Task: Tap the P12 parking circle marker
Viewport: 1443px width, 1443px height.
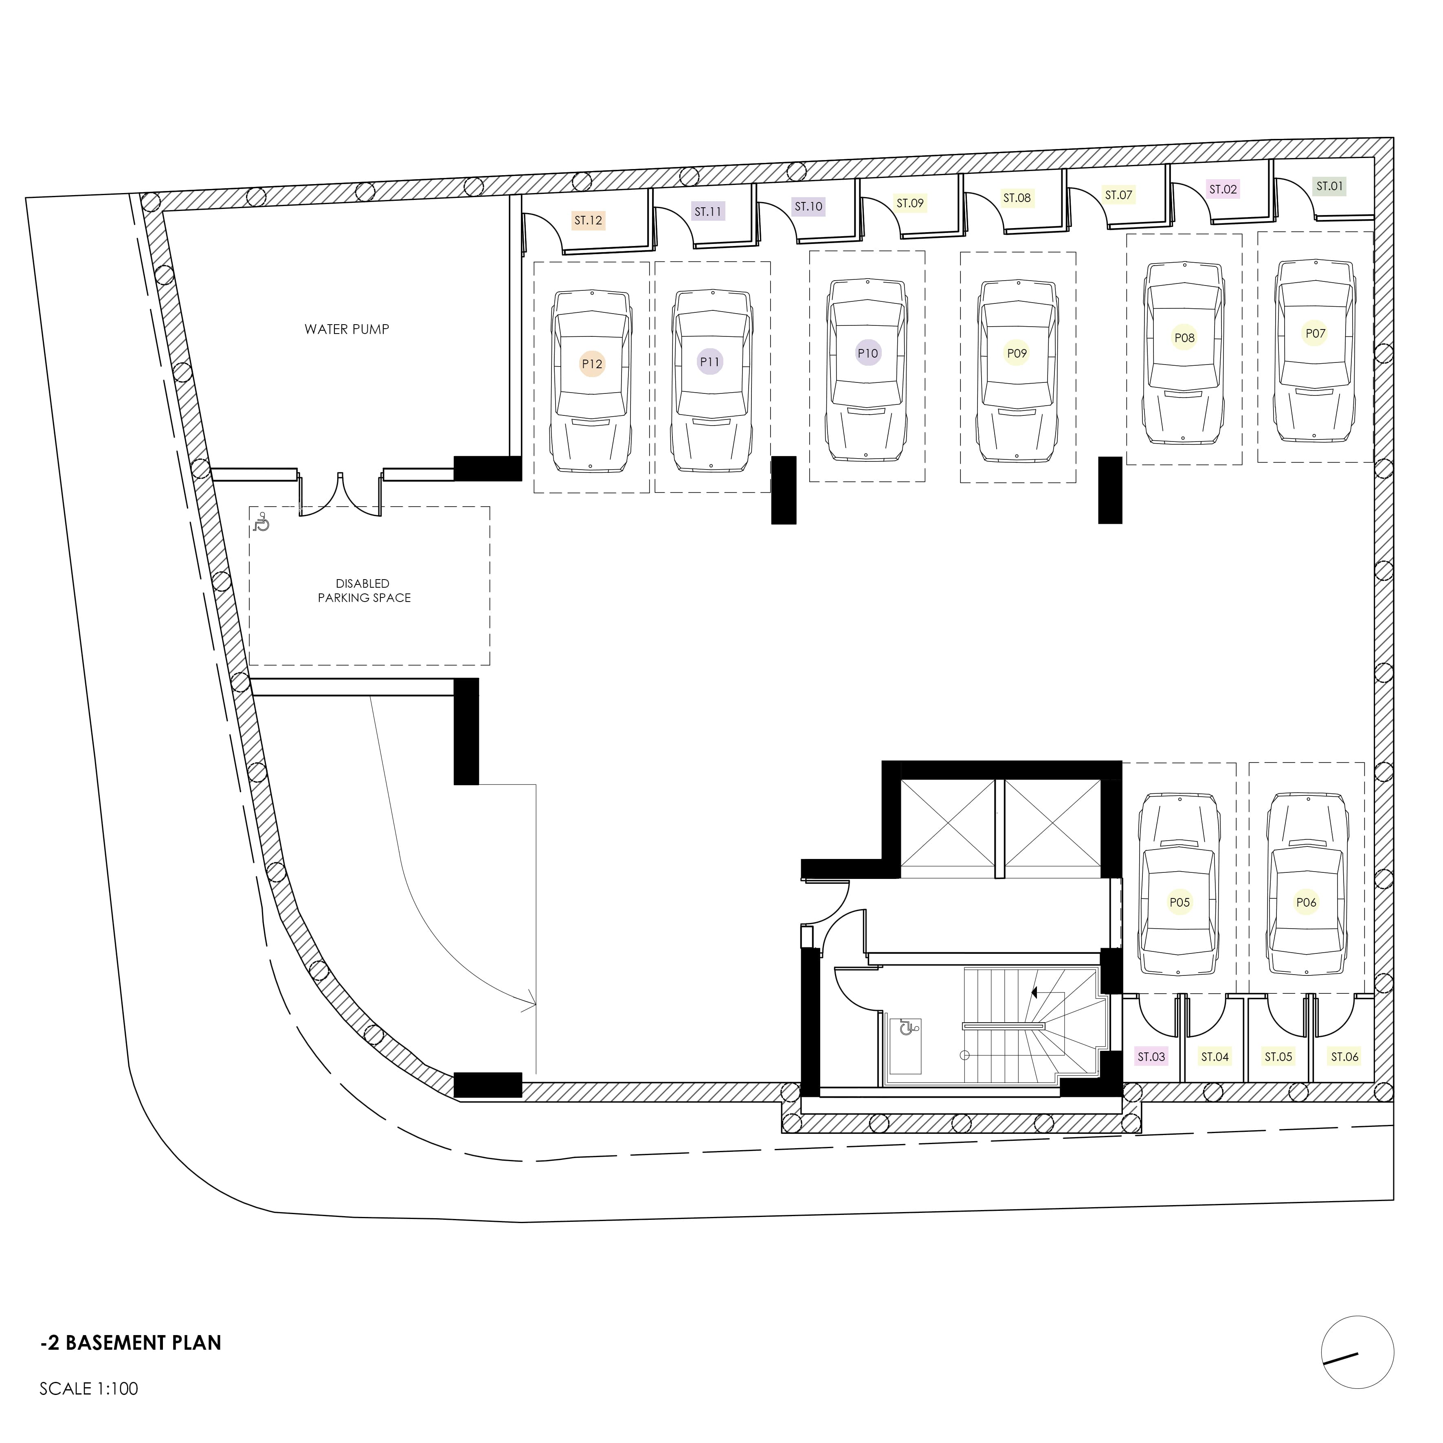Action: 591,364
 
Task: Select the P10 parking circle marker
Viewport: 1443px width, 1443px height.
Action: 868,353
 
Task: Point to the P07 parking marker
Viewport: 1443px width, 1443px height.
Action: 1315,333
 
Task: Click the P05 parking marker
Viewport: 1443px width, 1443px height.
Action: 1179,902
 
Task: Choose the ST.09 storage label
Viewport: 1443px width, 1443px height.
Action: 910,202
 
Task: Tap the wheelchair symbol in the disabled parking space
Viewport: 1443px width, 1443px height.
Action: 261,523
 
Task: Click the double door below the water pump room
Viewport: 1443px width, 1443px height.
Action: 340,493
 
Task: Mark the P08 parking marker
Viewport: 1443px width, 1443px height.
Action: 1184,338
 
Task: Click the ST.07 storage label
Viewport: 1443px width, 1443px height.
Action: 1118,195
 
